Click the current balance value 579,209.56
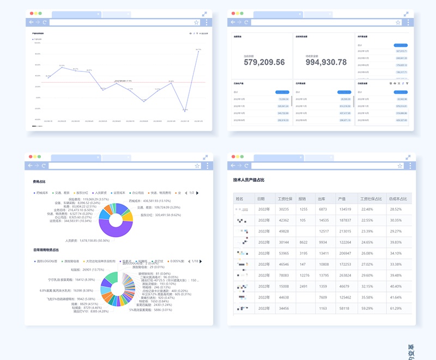coord(264,62)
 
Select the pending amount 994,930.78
coord(326,62)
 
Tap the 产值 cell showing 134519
coord(345,209)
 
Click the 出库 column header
coord(323,199)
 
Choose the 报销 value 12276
coord(304,275)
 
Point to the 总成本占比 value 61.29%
coord(396,308)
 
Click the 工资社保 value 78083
coord(284,275)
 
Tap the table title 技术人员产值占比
coord(249,180)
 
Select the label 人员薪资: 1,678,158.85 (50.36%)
coord(88,240)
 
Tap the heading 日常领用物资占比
coord(46,250)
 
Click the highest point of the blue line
coord(199,50)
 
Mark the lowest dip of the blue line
coord(185,111)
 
